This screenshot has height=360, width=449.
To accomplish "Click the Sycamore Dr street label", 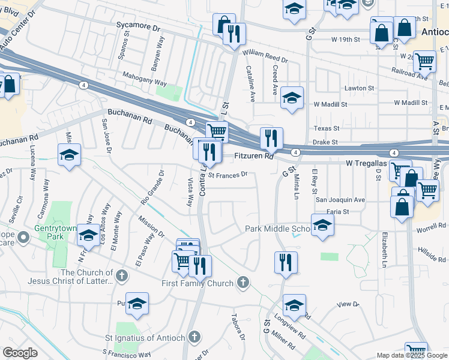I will pos(139,28).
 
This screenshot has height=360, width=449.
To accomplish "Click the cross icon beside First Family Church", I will pos(243,282).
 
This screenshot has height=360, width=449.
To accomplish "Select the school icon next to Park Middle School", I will pos(322,226).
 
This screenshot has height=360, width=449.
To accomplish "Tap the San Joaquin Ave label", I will pos(340,199).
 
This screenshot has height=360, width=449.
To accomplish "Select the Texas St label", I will pos(327,128).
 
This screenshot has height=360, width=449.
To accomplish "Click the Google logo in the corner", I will pos(20,353).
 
